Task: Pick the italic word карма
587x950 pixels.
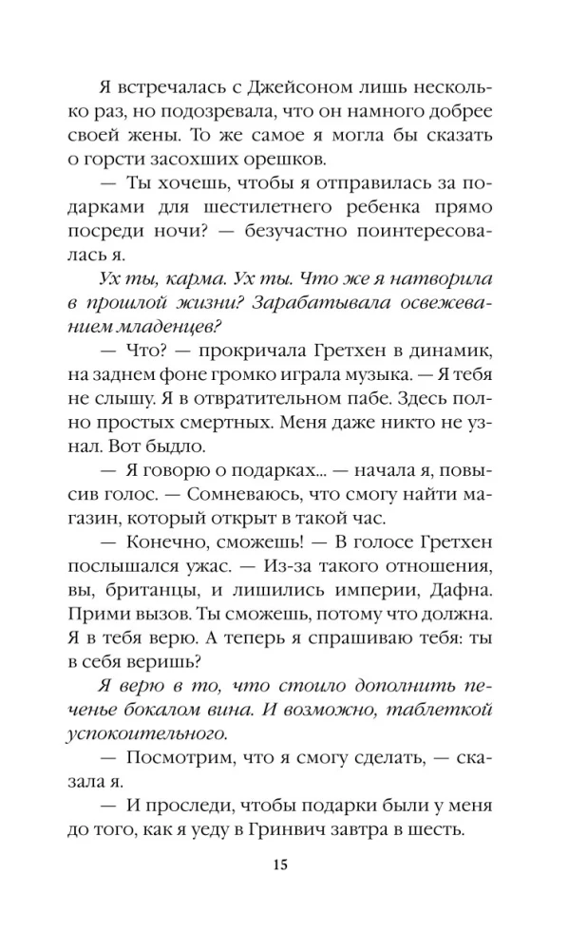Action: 167,282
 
